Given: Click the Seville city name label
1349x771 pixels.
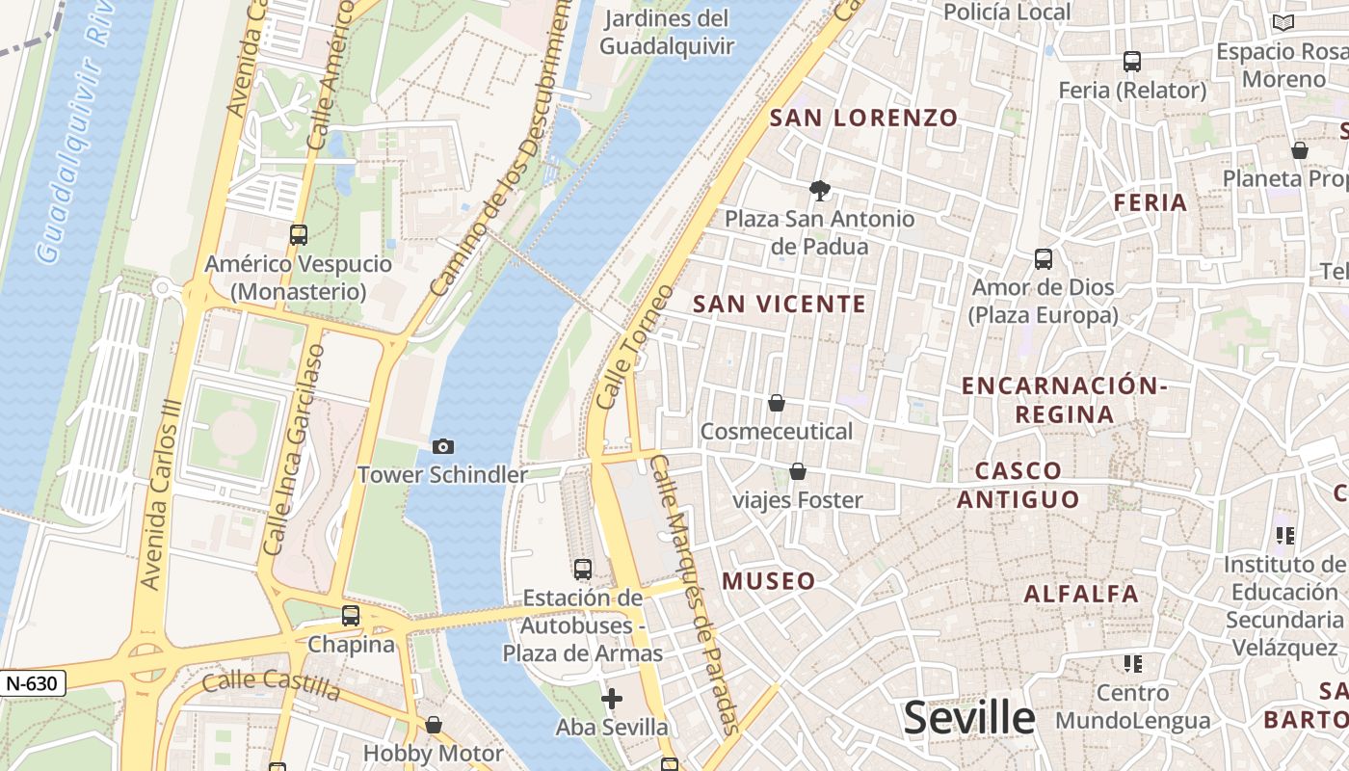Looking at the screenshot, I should (969, 718).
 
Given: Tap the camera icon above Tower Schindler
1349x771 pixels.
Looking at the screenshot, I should (443, 446).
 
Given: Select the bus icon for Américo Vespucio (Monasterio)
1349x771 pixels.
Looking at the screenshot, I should (299, 234).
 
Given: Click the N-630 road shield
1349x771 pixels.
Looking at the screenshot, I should (33, 683).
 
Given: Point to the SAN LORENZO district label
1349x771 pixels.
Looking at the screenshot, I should (864, 119).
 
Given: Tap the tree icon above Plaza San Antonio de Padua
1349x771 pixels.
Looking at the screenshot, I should (820, 190).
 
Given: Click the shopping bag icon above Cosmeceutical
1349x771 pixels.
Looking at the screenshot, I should (777, 403).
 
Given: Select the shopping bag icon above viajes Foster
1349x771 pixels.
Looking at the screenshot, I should (798, 471).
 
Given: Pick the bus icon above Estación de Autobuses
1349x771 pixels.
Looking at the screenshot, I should (583, 569).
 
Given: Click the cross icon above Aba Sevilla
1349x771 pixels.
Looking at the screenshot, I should (612, 699).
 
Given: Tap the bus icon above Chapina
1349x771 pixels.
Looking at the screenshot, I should (351, 615).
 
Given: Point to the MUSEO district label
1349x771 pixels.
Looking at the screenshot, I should (769, 581).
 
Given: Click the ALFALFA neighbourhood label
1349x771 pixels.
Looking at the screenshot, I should (1081, 594).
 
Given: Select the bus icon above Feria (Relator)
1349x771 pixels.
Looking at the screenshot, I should (1132, 62).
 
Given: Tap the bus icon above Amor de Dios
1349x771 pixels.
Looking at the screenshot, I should (1044, 258).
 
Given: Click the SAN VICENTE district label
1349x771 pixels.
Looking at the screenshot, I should (780, 305).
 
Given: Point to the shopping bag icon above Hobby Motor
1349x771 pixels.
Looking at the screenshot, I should (434, 725).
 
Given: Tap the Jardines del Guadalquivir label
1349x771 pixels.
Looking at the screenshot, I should (666, 32).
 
